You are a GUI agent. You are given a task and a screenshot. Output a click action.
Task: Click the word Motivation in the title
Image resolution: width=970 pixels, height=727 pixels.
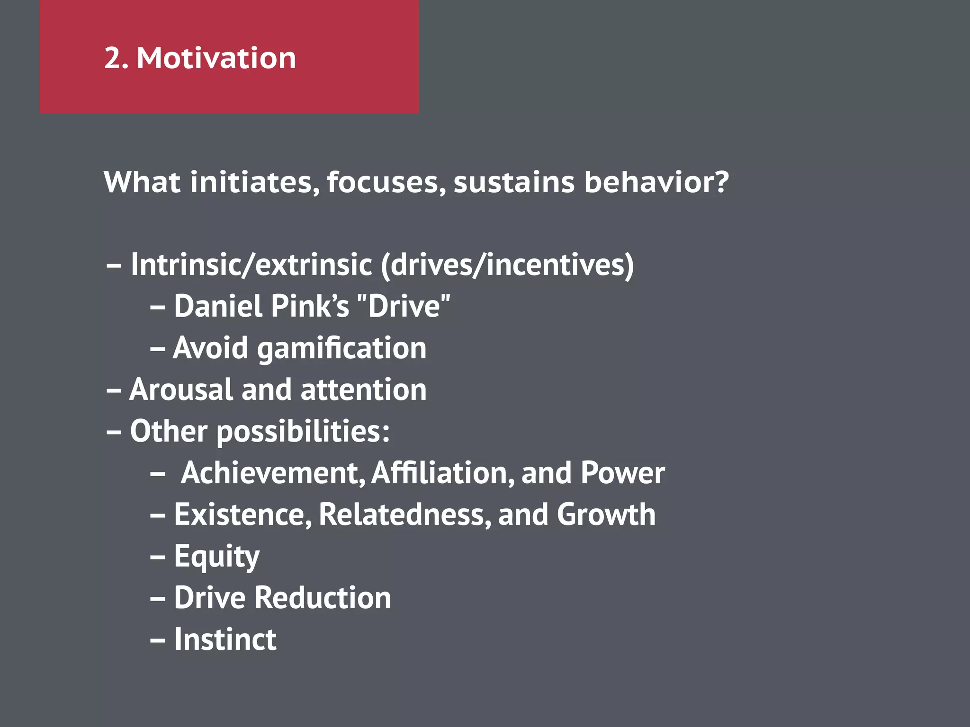coord(216,58)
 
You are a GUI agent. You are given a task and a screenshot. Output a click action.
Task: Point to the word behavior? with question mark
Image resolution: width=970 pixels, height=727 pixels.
coord(656,182)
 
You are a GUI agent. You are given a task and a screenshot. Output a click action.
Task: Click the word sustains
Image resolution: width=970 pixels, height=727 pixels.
coord(514,182)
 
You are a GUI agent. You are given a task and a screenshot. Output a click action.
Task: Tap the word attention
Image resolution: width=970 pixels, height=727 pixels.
coord(364,390)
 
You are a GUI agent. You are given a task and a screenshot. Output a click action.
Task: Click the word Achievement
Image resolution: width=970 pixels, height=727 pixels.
coord(273,473)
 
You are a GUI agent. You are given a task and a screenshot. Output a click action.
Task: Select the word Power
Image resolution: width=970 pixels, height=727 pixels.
coord(622,473)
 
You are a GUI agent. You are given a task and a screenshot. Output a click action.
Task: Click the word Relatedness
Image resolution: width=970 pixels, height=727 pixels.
coord(405,514)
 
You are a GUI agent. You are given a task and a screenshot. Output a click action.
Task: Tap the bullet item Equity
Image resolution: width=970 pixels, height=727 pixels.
coord(216,557)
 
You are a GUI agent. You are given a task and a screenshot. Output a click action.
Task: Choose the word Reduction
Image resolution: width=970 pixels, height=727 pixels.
coord(323,598)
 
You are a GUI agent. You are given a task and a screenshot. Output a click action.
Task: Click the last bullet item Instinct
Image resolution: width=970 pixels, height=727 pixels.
coord(225,639)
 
